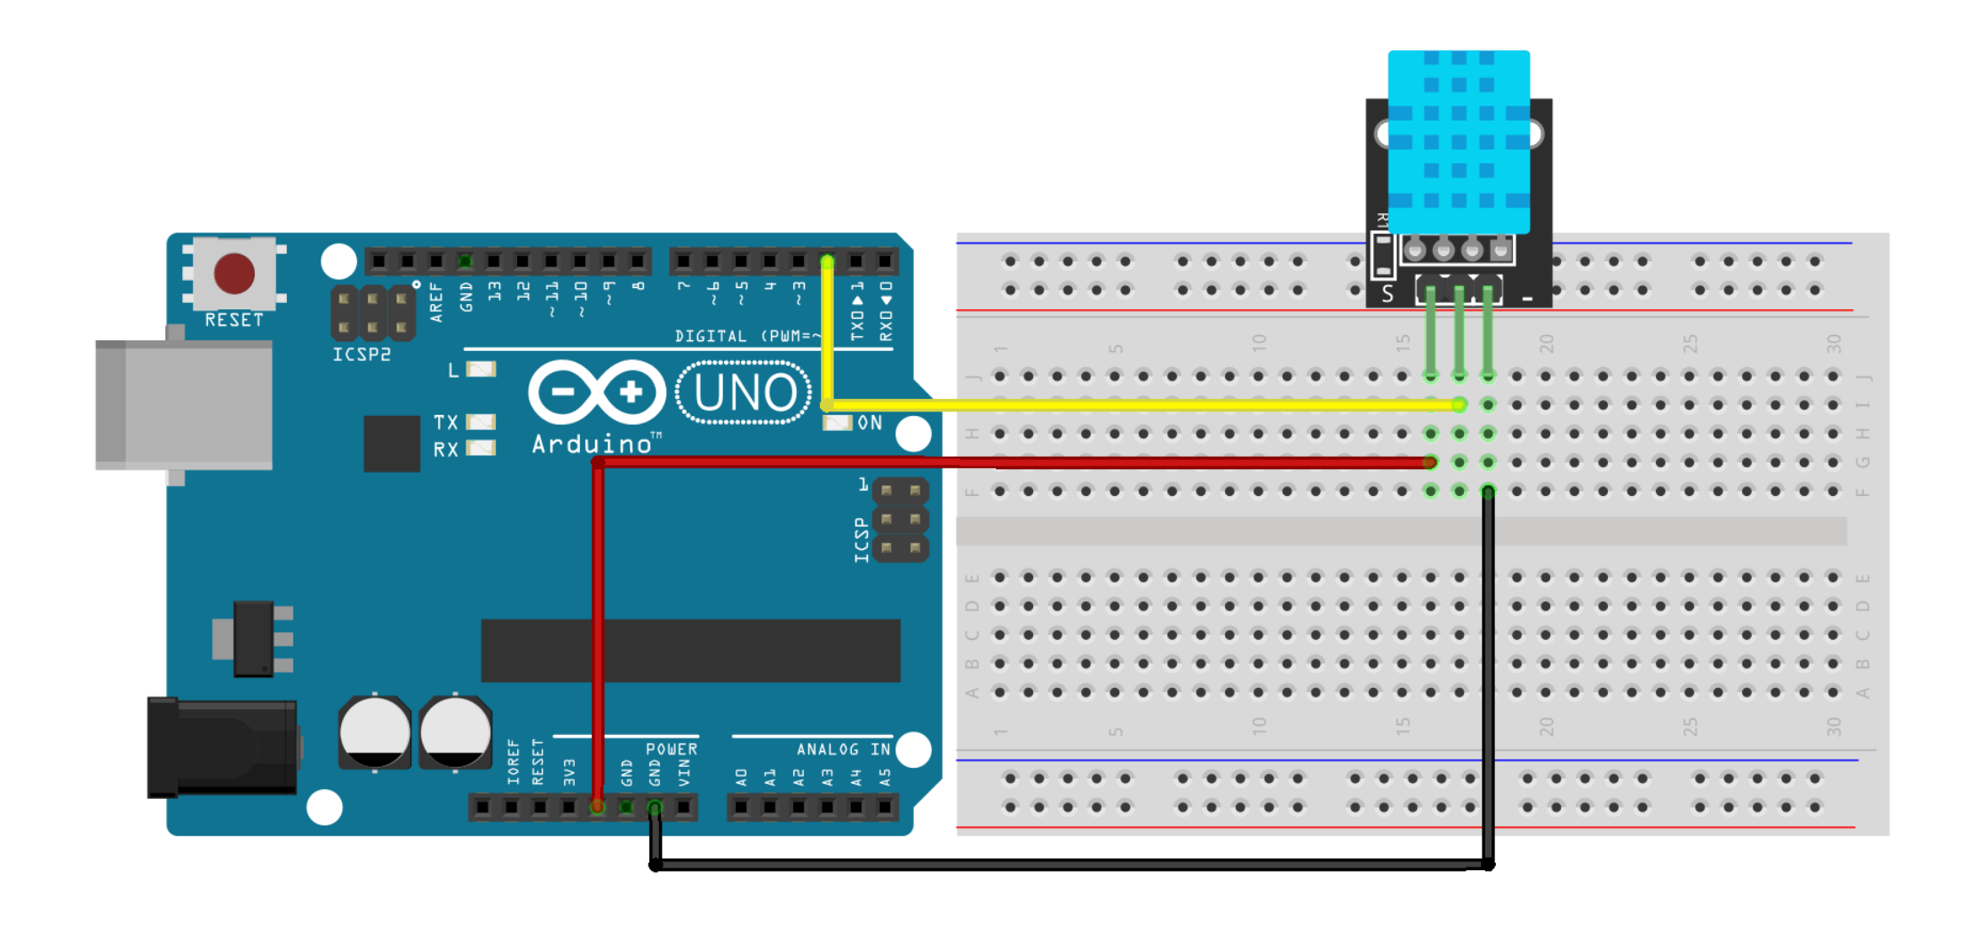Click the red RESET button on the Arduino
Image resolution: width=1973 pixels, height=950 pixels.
pos(234,273)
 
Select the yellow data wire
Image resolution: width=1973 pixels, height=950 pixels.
pos(1137,405)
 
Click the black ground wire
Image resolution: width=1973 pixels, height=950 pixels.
pos(1066,865)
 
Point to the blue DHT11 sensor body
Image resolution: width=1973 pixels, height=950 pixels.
pos(1459,142)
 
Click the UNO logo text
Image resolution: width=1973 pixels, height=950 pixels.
pos(744,393)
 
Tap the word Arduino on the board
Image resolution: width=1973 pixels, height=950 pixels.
pos(592,444)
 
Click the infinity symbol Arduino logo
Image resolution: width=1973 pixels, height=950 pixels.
pos(597,392)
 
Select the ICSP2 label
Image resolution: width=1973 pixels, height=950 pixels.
pos(362,355)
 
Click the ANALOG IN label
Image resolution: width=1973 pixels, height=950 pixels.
pos(842,750)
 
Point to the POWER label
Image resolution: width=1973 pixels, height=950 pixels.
pos(672,749)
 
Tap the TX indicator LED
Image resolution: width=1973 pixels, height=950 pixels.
pos(481,422)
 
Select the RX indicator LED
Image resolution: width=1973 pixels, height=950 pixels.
pos(481,448)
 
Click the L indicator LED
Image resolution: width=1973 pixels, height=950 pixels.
pos(481,370)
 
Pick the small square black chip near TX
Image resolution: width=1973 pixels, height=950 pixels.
pos(392,443)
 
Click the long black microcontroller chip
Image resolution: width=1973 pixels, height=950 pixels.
pos(690,651)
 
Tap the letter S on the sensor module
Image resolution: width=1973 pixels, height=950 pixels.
pos(1388,294)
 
